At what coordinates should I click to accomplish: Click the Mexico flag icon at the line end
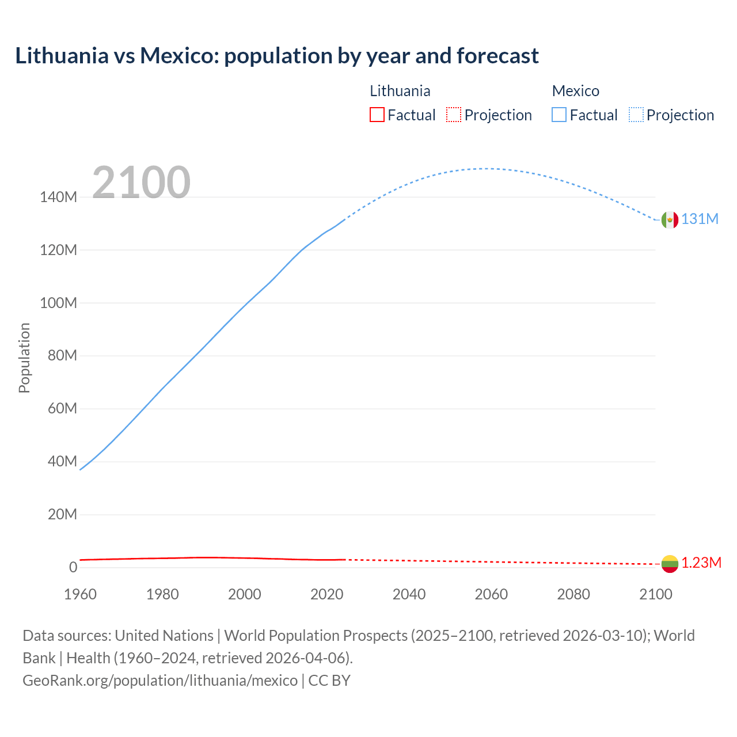670,219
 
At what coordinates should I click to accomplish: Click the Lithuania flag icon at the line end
670,564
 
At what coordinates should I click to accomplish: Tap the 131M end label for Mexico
700,219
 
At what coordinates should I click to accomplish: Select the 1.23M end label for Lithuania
701,563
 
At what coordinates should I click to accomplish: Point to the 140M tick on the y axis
58,197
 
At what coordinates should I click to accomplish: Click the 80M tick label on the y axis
62,356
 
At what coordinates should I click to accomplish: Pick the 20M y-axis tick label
62,514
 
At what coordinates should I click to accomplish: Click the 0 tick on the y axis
73,567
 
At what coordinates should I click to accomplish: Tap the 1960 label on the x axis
80,594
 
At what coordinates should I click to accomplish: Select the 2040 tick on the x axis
409,594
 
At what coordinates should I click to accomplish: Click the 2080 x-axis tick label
573,594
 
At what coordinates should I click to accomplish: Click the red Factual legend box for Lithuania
377,115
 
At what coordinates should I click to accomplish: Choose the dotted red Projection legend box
454,115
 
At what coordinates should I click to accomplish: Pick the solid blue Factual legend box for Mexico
559,115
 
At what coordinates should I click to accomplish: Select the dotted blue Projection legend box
636,115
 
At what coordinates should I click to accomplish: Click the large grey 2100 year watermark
141,183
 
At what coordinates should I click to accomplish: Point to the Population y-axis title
24,358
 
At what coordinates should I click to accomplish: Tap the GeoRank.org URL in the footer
160,681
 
